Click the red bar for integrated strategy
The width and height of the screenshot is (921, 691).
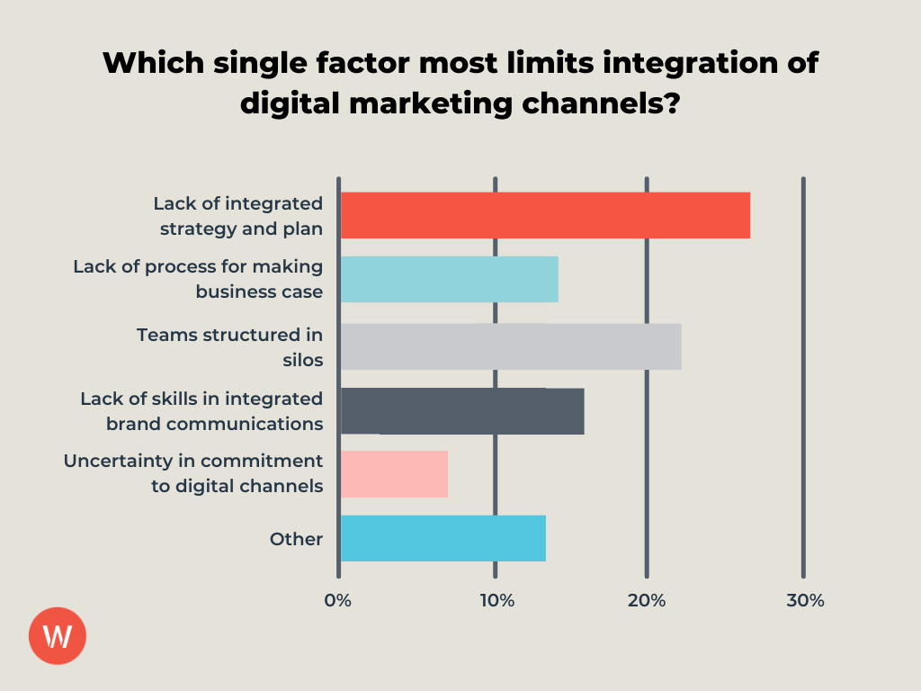tap(545, 215)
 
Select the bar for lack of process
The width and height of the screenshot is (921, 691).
tap(449, 279)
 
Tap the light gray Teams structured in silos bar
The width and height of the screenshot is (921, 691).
tap(511, 346)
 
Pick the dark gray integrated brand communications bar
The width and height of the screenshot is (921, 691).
tap(462, 411)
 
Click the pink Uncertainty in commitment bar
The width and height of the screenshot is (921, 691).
tap(394, 474)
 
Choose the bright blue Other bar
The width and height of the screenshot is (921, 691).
tap(443, 538)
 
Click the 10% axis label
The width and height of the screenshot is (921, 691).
tap(496, 601)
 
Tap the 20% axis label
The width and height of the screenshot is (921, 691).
tap(648, 601)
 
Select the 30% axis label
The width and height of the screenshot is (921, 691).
tap(804, 601)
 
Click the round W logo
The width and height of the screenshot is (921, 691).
tap(58, 636)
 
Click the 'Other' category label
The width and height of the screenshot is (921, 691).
tap(296, 539)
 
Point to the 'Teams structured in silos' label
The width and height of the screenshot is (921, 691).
tap(229, 346)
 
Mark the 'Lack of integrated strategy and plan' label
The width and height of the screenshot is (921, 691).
tap(237, 216)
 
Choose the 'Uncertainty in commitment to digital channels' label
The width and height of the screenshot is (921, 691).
tap(192, 473)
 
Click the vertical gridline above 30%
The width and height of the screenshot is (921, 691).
tap(803, 360)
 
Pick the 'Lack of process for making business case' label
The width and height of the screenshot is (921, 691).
tap(198, 279)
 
